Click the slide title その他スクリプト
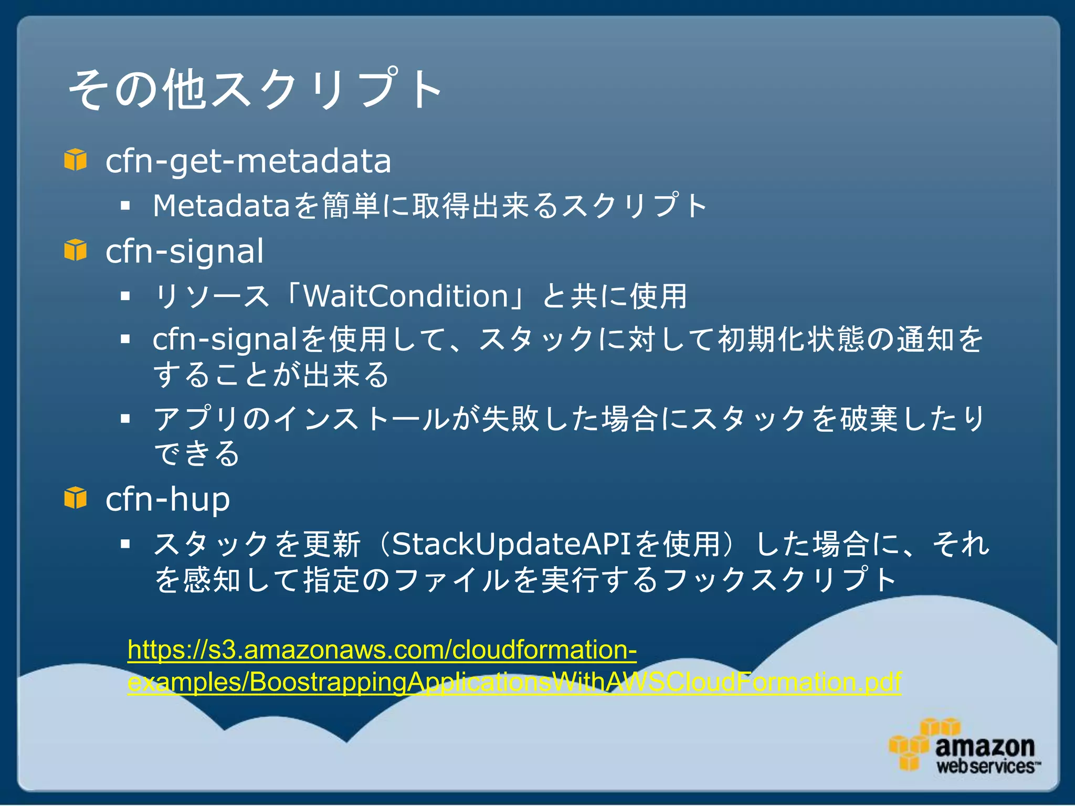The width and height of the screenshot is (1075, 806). click(x=255, y=89)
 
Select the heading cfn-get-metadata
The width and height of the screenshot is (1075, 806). click(x=248, y=161)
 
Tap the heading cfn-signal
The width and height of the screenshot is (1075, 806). click(x=184, y=251)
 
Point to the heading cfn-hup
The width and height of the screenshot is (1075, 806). click(x=167, y=499)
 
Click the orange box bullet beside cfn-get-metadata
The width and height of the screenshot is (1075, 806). click(x=76, y=160)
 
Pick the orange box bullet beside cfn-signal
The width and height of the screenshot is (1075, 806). click(x=76, y=250)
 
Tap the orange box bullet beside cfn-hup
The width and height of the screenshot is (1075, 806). click(x=76, y=497)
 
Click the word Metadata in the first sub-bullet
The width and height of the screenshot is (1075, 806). click(x=221, y=206)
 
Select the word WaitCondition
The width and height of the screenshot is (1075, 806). click(x=406, y=296)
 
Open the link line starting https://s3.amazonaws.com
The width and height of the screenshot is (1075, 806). click(x=382, y=650)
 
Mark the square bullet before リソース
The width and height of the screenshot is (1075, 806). click(x=125, y=296)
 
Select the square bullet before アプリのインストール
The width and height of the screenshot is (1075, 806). click(x=125, y=419)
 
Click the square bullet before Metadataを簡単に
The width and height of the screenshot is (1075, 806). click(x=125, y=206)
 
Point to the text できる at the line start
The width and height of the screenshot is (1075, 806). click(x=197, y=454)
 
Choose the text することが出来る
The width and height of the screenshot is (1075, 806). click(x=271, y=375)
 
